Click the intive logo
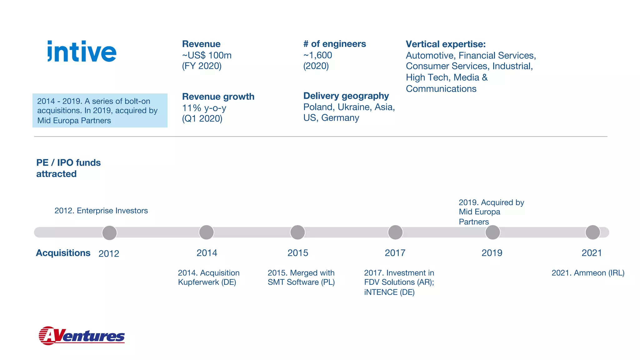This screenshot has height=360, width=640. click(82, 52)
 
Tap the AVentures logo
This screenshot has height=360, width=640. click(82, 336)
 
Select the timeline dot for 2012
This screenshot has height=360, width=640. click(109, 233)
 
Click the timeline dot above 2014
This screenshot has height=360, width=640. click(207, 232)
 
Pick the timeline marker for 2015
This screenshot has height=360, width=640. click(297, 232)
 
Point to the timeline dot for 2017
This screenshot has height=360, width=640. click(395, 232)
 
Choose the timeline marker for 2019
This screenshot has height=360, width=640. click(492, 232)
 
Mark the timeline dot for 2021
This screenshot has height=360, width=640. click(592, 232)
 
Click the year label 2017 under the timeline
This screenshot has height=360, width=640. click(395, 253)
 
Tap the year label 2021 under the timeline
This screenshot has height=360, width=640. click(592, 253)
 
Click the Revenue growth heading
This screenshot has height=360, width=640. click(218, 97)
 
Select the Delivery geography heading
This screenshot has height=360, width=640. click(346, 96)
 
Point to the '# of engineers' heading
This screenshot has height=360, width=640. click(334, 44)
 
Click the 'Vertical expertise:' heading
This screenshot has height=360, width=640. click(446, 44)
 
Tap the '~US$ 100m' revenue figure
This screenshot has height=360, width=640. click(207, 55)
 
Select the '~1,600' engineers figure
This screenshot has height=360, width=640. click(317, 55)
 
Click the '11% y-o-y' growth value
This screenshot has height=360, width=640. click(204, 108)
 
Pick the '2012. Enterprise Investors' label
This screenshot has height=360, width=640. click(101, 211)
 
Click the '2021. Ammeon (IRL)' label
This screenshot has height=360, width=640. click(588, 273)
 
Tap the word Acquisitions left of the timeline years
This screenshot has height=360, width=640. click(63, 253)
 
